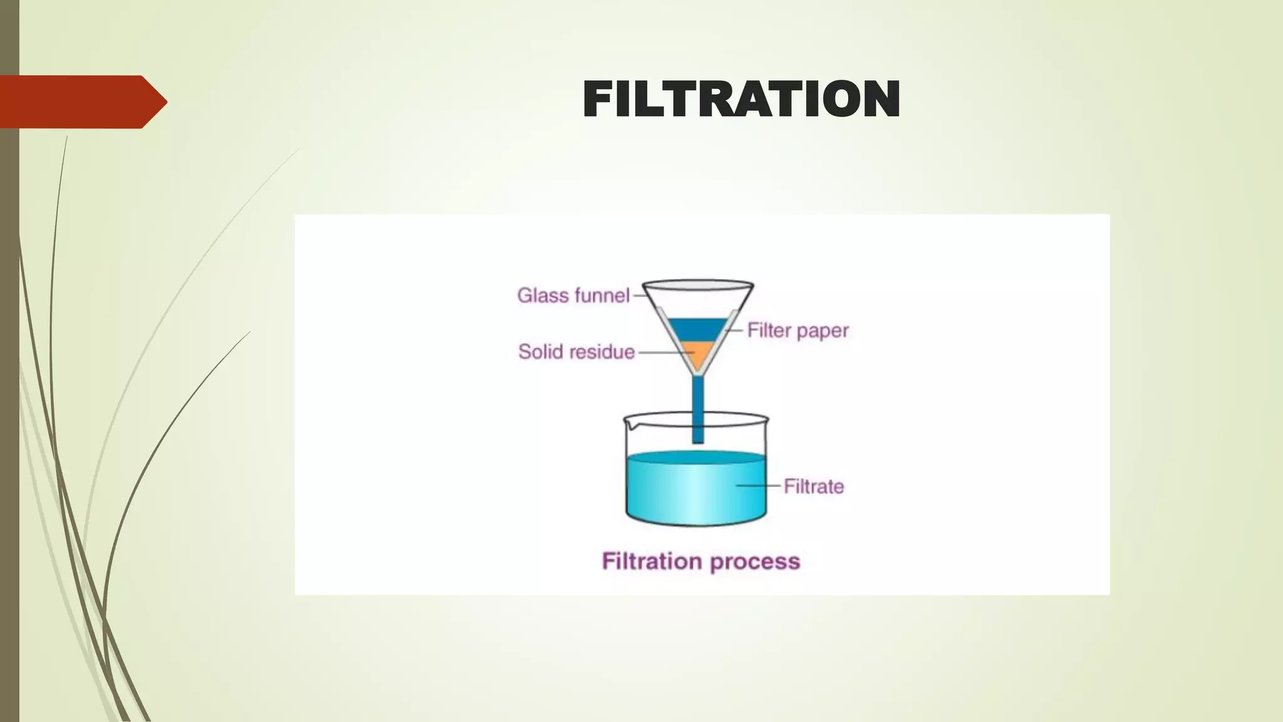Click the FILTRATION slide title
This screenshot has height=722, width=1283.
click(x=741, y=99)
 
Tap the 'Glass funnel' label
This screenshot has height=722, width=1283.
click(x=573, y=295)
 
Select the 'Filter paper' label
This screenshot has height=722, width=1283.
click(x=797, y=330)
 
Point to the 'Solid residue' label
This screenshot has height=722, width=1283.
click(x=576, y=352)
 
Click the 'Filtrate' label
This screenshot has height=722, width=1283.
click(x=814, y=486)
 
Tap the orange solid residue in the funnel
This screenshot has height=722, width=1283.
click(x=697, y=354)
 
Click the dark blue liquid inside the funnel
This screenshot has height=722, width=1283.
click(x=697, y=329)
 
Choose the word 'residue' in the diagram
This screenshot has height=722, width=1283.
click(x=601, y=352)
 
